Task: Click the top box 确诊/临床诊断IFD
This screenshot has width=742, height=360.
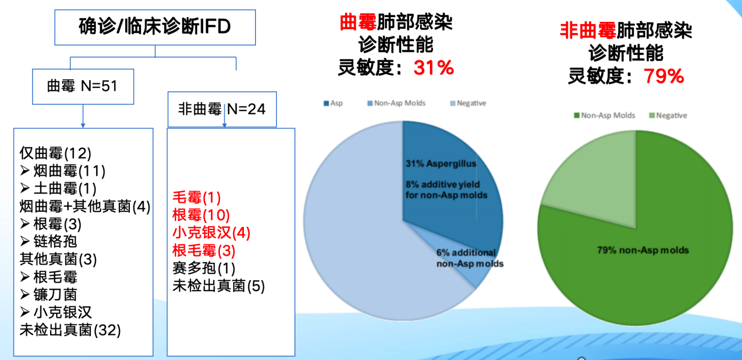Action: tap(155, 27)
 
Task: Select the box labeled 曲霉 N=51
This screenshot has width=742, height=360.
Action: tap(83, 86)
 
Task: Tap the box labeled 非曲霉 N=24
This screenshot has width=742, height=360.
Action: tap(222, 109)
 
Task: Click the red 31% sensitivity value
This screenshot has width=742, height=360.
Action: tap(434, 68)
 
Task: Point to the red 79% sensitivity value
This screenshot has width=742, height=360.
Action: tap(664, 76)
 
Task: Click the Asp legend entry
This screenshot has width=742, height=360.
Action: tap(333, 103)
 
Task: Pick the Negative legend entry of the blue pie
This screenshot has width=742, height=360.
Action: tap(468, 103)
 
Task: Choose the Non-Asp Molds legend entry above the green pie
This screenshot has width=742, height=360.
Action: tap(605, 116)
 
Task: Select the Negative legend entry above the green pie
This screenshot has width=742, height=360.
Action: tap(668, 116)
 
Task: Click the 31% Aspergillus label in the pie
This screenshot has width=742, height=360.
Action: tap(441, 163)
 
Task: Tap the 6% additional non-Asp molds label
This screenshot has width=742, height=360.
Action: tap(470, 258)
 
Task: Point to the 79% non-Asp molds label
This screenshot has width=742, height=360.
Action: tap(643, 250)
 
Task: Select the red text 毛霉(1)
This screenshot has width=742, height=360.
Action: tap(197, 198)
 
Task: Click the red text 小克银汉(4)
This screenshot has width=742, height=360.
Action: tap(211, 233)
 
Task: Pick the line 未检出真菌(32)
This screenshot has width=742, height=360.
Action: tap(70, 330)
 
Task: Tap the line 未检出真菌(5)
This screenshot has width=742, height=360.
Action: tap(218, 286)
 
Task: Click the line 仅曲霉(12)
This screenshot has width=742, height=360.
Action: tap(55, 153)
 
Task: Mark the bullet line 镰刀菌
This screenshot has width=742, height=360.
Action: tap(48, 295)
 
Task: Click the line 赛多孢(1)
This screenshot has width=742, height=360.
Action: tap(204, 268)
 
